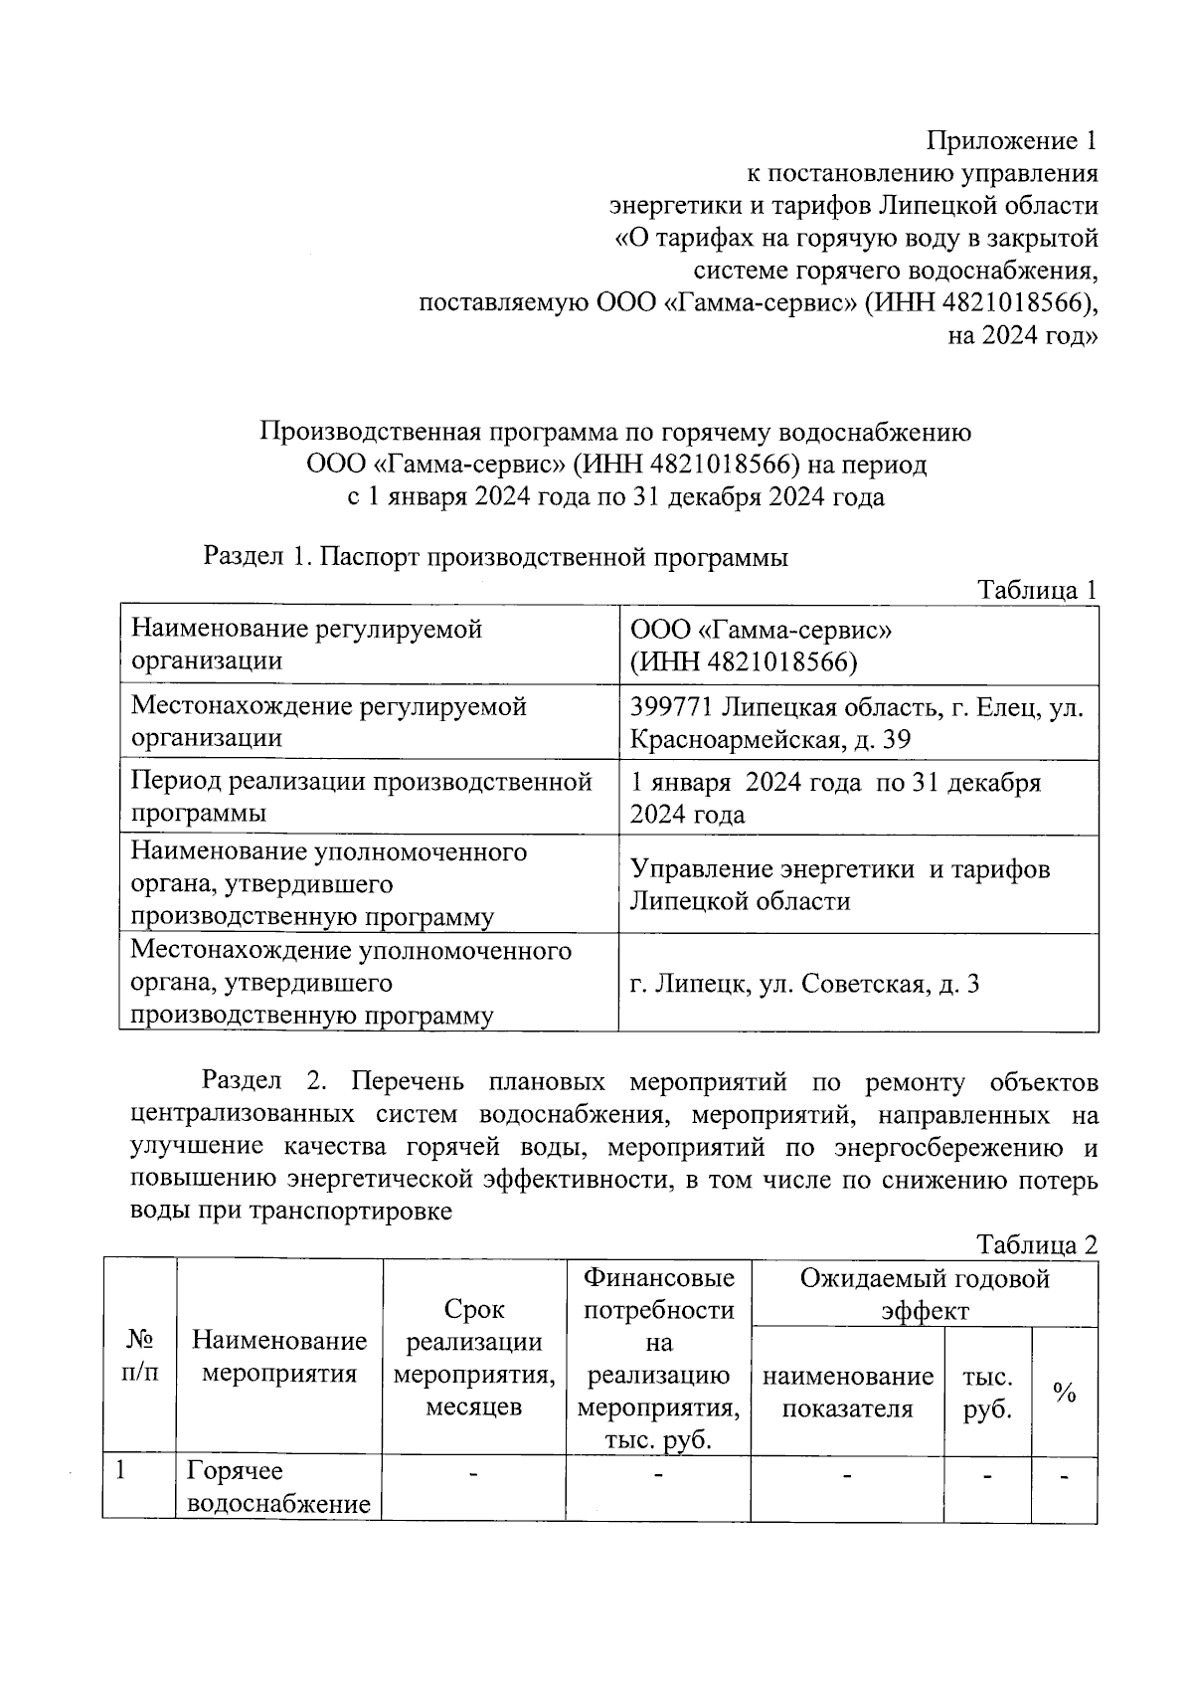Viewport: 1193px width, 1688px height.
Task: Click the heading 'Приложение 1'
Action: point(1012,140)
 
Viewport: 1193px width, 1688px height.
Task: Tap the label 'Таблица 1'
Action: point(1037,590)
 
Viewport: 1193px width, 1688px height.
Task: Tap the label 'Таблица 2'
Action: point(1037,1244)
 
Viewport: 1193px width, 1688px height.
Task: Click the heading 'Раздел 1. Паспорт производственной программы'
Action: point(495,557)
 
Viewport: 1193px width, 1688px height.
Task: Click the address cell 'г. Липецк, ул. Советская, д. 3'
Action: point(805,984)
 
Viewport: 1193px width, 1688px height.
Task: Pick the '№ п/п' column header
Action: point(139,1357)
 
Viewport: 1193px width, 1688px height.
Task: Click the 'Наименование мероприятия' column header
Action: point(279,1357)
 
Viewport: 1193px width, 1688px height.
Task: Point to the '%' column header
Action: point(1065,1393)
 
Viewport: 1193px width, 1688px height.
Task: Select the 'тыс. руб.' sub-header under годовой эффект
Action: point(987,1393)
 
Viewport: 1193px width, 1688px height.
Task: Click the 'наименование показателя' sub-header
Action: point(848,1393)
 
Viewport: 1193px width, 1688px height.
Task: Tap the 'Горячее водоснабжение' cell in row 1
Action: point(279,1487)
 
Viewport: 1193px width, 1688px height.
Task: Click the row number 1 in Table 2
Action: point(121,1471)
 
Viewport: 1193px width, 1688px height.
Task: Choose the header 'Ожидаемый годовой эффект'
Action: point(925,1294)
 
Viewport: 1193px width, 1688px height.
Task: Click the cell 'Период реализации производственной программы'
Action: point(362,798)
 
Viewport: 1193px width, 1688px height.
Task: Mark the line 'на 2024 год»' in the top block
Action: point(1023,335)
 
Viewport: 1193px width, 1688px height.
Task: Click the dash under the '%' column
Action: point(1065,1477)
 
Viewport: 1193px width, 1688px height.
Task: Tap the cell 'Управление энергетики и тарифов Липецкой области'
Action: point(840,885)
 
